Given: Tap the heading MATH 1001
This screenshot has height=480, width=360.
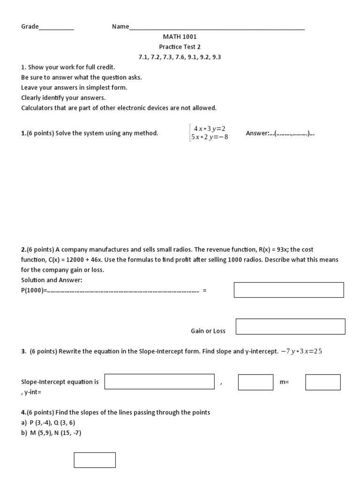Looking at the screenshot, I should pos(180,37).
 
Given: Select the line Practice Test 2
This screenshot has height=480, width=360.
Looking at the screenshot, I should pos(180,47).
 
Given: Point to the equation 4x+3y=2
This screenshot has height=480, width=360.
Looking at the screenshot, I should pos(210,128).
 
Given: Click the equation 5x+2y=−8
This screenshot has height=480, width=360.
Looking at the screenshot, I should pos(209,137).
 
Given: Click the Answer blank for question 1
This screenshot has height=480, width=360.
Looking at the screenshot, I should pos(294,134).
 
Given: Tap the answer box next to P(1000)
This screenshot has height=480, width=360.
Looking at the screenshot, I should pos(289,290).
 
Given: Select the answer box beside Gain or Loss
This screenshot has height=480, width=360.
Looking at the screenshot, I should pos(290,326).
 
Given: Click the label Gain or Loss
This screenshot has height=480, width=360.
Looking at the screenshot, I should pos(208,331).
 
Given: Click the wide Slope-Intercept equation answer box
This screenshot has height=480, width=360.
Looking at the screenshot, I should pos(159,382).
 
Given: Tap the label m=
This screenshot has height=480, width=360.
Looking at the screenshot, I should pos(284,382).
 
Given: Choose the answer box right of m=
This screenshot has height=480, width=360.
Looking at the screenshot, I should pos(323,382).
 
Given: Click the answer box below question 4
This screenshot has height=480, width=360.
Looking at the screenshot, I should pos(95,460).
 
